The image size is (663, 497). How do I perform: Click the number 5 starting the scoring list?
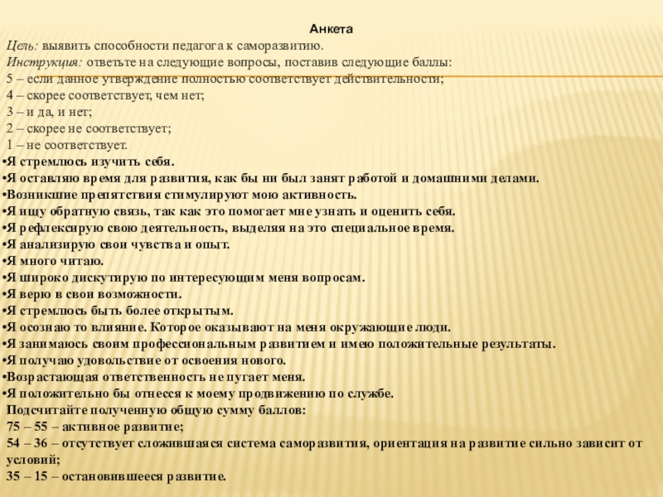point(9,79)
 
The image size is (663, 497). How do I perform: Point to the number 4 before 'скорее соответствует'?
point(9,95)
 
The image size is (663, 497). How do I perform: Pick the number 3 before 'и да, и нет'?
point(9,112)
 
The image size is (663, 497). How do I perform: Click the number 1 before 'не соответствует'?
point(9,145)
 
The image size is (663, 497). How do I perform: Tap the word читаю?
point(79,261)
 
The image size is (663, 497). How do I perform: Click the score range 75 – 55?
point(29,427)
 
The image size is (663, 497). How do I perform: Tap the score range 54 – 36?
point(29,444)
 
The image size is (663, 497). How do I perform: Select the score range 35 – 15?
point(29,477)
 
